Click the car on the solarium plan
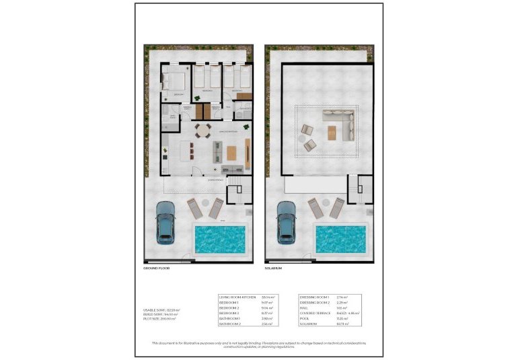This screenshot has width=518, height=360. tap(286, 223)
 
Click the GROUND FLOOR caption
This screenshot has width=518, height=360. tap(156, 268)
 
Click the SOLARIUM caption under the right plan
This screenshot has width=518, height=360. tap(273, 268)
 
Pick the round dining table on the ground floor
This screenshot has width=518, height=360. tap(202, 130)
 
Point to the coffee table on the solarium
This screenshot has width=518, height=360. tap(332, 132)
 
